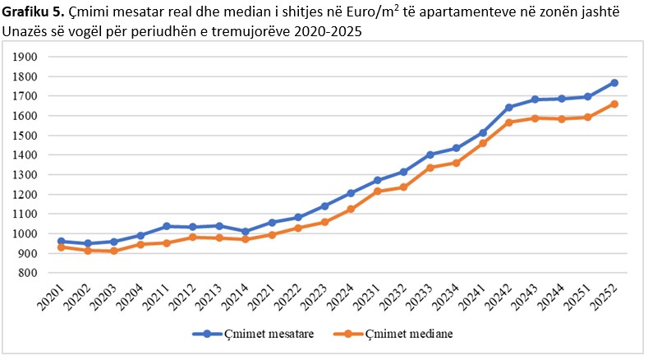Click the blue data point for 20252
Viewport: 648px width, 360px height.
[x=614, y=83]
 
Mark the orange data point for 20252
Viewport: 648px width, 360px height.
[x=614, y=104]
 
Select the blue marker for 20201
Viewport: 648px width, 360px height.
[x=61, y=242]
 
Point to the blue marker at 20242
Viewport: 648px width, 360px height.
[x=509, y=108]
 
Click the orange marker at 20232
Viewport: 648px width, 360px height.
[x=403, y=187]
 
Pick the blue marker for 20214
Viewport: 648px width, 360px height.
[x=245, y=232]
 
